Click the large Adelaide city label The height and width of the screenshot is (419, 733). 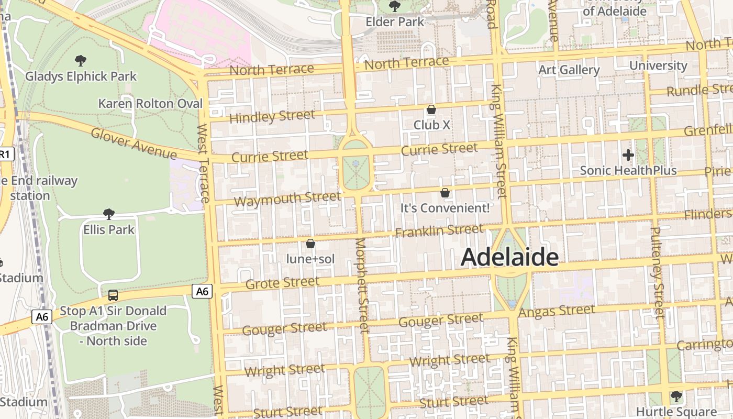(x=509, y=257)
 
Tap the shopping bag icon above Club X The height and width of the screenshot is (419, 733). (x=431, y=109)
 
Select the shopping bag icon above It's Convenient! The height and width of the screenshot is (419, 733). (x=445, y=193)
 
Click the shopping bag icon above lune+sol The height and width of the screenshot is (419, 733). (x=310, y=244)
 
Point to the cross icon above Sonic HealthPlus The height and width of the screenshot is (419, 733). (x=628, y=155)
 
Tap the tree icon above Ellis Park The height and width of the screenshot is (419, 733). (x=109, y=214)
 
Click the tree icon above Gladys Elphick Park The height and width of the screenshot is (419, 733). (x=81, y=61)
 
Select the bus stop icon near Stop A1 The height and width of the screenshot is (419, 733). (x=113, y=295)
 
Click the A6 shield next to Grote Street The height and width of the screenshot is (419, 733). (x=203, y=291)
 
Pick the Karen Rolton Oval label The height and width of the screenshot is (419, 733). (x=150, y=104)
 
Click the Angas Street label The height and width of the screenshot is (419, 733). (x=557, y=311)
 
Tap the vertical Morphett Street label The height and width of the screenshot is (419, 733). (x=362, y=285)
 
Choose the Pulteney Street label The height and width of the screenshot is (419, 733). (x=657, y=272)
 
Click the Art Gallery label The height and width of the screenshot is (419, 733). (x=569, y=70)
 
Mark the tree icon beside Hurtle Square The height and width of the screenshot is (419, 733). (x=676, y=396)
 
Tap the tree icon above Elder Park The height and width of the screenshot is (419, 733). (x=395, y=6)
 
